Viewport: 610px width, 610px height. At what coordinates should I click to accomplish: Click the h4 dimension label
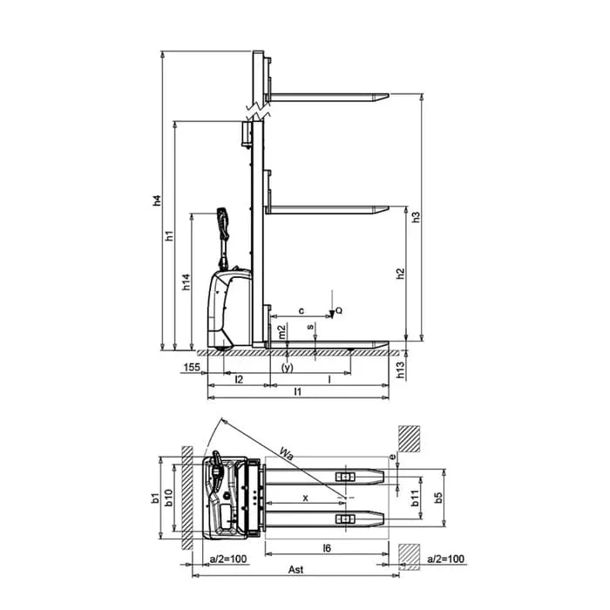click(157, 200)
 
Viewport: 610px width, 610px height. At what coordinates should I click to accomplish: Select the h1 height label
click(170, 235)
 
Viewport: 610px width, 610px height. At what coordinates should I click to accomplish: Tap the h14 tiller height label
click(186, 282)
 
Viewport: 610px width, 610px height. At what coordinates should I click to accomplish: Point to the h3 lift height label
click(416, 217)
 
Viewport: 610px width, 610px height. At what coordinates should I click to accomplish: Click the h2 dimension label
click(400, 274)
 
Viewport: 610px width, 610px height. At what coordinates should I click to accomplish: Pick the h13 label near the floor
click(401, 370)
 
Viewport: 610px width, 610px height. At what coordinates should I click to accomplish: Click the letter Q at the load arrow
click(339, 310)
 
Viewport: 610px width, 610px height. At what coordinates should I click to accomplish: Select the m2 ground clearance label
click(282, 331)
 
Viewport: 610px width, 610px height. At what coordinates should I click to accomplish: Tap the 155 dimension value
click(192, 367)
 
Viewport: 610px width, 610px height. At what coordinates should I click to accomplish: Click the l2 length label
click(240, 379)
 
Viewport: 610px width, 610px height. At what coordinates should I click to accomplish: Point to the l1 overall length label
click(298, 392)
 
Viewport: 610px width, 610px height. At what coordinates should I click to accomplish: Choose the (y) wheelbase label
click(288, 368)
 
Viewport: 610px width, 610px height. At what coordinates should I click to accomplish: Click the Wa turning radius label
click(287, 454)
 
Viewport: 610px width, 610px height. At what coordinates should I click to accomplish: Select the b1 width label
click(156, 498)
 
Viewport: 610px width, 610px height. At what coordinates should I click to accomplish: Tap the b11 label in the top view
click(415, 498)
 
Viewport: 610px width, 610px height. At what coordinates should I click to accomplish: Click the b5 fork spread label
click(438, 498)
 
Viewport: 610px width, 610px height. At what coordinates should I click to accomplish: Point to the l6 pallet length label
click(327, 548)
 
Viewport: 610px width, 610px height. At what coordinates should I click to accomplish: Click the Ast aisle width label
click(295, 570)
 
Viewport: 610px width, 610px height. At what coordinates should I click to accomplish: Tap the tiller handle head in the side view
click(223, 224)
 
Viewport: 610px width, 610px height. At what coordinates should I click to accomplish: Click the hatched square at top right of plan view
click(410, 439)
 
